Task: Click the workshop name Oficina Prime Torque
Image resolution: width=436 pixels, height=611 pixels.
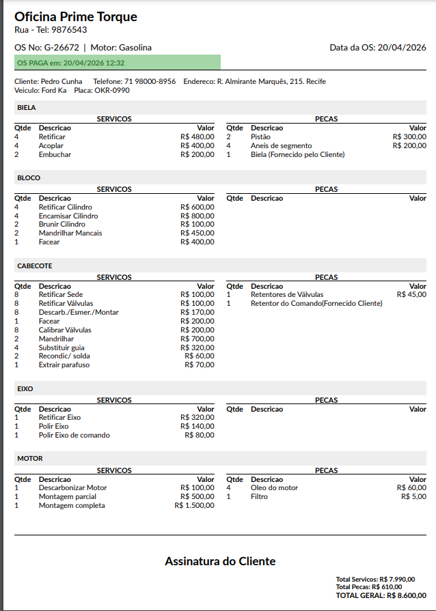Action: (x=76, y=17)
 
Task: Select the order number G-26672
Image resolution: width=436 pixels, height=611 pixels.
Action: (x=62, y=48)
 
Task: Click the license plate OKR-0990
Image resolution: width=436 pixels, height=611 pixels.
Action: (x=111, y=90)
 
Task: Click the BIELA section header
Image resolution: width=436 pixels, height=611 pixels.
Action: (x=27, y=108)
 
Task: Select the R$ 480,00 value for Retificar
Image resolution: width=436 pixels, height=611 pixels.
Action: (x=197, y=137)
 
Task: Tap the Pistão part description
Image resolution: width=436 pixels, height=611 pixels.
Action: (x=260, y=137)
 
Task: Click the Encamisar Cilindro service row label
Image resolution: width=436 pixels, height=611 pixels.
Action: (x=68, y=216)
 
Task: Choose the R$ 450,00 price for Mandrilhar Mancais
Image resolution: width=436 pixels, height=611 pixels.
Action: (x=197, y=233)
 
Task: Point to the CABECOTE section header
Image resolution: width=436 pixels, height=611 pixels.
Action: (x=35, y=266)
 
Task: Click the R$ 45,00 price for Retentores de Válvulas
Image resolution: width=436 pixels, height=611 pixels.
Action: (x=411, y=294)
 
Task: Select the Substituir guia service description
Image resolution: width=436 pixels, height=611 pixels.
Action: (x=62, y=347)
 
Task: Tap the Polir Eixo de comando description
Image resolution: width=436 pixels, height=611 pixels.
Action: (x=74, y=435)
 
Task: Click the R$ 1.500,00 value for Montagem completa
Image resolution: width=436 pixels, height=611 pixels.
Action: (x=195, y=505)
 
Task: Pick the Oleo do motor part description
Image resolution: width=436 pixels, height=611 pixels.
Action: (x=274, y=487)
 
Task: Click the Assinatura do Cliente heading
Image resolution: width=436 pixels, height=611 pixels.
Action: (x=220, y=561)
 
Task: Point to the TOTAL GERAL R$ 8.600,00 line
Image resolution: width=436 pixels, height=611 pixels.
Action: (x=381, y=595)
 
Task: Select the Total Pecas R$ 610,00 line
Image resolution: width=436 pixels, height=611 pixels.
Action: (x=369, y=587)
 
